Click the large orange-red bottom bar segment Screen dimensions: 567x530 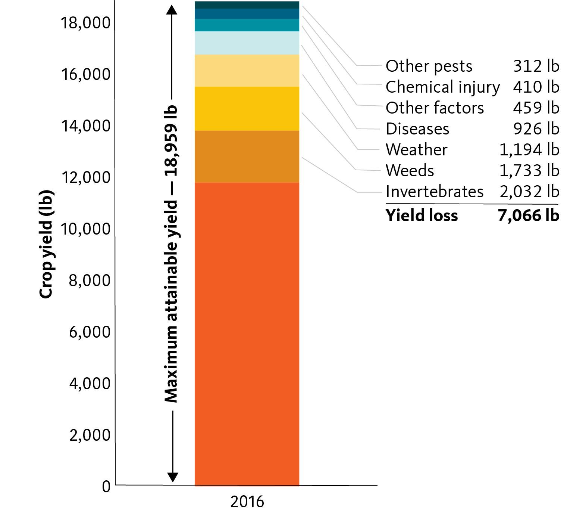tap(247, 334)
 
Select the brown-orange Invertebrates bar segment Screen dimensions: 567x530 tap(247, 156)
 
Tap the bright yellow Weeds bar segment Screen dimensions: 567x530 tap(247, 109)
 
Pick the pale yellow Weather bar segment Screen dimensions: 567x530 tap(247, 71)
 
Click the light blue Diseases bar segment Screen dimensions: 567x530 tap(247, 43)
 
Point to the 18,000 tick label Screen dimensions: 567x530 tap(86, 23)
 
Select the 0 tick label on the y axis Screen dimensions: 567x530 tap(106, 486)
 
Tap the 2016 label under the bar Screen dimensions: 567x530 tap(247, 501)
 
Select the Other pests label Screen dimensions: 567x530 tap(429, 66)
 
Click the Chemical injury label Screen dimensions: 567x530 tap(443, 87)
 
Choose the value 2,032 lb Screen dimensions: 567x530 tap(529, 192)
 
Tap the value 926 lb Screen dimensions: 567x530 tap(536, 129)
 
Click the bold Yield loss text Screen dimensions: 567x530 tap(422, 216)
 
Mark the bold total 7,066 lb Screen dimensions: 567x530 tap(529, 216)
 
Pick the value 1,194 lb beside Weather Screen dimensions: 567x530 tap(529, 150)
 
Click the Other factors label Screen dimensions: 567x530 tap(435, 108)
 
